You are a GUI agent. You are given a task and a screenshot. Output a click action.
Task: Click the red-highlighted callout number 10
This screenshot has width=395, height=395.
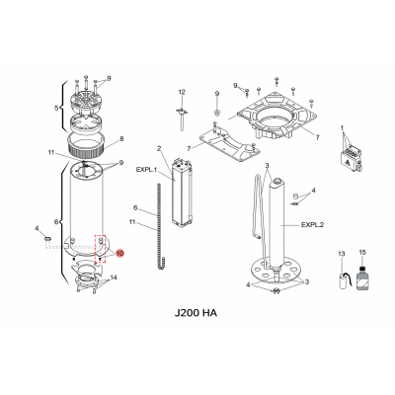pyautogui.click(x=120, y=253)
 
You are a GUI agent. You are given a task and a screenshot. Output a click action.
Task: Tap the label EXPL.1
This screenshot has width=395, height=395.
pyautogui.click(x=147, y=170)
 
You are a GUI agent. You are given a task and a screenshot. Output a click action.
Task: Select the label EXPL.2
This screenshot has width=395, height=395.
pyautogui.click(x=308, y=224)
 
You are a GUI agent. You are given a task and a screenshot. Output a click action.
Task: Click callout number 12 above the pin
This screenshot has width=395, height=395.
pyautogui.click(x=182, y=92)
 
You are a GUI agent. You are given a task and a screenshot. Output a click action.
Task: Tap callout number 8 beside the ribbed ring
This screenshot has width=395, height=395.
pyautogui.click(x=120, y=138)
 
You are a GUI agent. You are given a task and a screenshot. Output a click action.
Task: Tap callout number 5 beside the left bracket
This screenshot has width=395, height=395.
pyautogui.click(x=55, y=106)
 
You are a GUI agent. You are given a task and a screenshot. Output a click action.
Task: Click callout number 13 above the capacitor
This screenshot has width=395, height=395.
pyautogui.click(x=343, y=255)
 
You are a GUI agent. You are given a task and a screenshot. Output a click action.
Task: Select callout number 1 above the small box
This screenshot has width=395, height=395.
pyautogui.click(x=341, y=128)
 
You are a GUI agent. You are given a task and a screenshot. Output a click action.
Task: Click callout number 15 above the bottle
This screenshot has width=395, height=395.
pyautogui.click(x=362, y=254)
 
